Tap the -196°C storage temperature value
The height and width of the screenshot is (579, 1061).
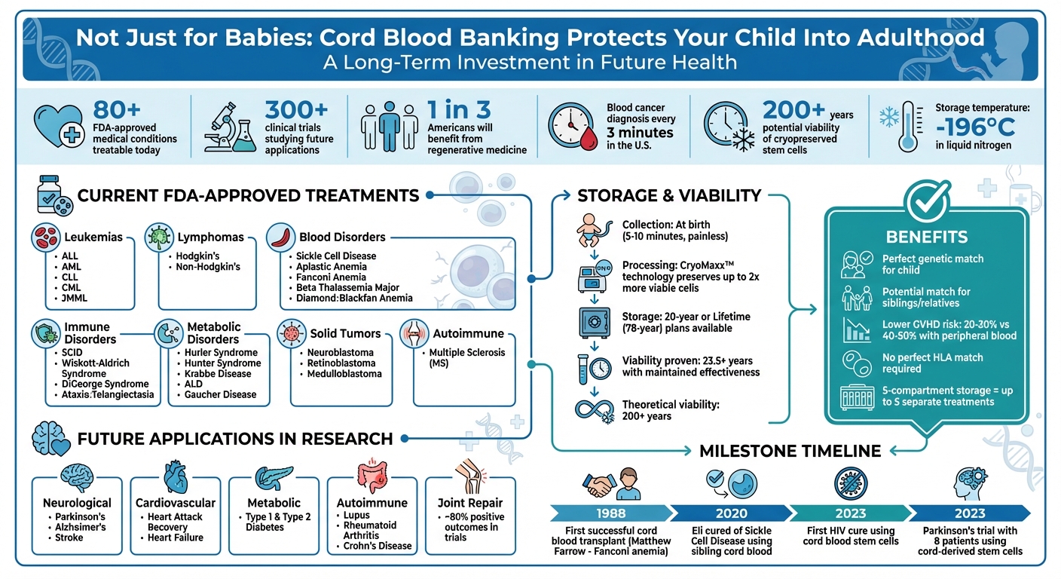click(983, 127)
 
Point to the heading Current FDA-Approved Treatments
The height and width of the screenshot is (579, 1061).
click(248, 196)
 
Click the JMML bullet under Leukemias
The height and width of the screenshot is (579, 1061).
click(76, 298)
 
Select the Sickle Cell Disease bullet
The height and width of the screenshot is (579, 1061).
click(335, 256)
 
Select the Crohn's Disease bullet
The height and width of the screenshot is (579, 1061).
click(377, 546)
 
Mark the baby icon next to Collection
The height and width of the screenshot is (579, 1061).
click(592, 230)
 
